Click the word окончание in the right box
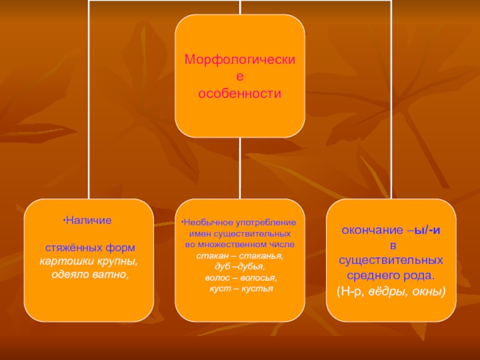(x=368, y=230)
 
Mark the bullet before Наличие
(x=64, y=220)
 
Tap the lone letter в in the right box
(x=392, y=246)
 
